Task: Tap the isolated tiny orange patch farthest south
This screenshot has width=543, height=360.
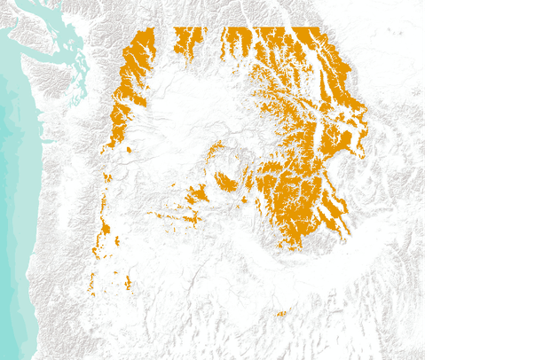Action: click(x=281, y=313)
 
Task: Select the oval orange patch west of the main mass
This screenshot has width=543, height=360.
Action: click(x=225, y=183)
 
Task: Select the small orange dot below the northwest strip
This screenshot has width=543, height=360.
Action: click(x=129, y=150)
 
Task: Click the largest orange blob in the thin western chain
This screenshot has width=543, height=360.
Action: click(x=104, y=230)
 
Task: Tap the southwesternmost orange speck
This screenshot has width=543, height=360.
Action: click(x=92, y=284)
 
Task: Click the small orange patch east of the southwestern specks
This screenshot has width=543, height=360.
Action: click(x=128, y=283)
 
